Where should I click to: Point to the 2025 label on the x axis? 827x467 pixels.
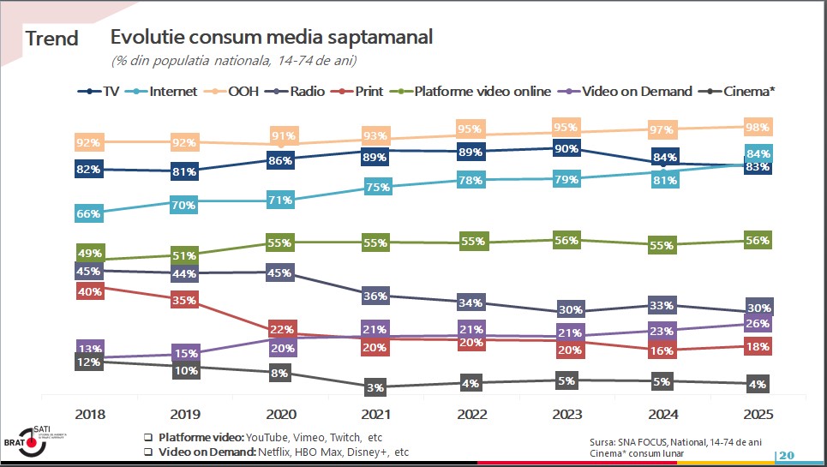click(758, 415)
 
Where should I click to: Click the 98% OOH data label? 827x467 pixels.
click(758, 127)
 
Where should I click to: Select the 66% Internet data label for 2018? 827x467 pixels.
click(88, 213)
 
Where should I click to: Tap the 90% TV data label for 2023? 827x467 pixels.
click(566, 148)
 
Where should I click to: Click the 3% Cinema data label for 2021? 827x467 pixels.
click(375, 387)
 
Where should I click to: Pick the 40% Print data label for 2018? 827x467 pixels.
click(88, 291)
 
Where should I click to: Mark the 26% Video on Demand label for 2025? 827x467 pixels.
click(758, 324)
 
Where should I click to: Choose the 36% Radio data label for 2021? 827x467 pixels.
click(375, 296)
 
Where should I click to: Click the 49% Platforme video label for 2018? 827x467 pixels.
click(88, 253)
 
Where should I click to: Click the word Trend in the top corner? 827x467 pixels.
click(51, 39)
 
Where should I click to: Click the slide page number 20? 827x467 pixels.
click(787, 454)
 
